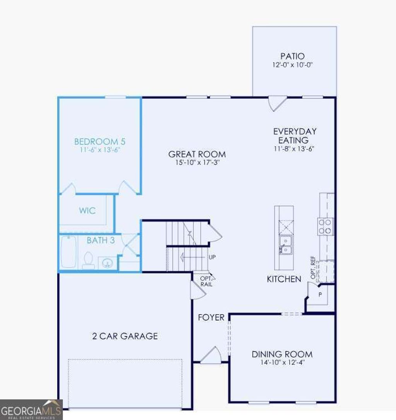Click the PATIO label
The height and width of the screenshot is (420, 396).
click(292, 57)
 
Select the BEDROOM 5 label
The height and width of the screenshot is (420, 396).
click(100, 142)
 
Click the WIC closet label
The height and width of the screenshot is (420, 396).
click(87, 211)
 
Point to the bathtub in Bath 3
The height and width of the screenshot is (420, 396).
click(69, 252)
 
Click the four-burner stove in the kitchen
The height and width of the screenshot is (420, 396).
click(325, 226)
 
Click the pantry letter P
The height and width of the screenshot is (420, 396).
click(320, 294)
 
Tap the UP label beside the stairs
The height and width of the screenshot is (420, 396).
click(212, 257)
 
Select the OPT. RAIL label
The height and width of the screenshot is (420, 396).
click(206, 281)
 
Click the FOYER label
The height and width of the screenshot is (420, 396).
click(211, 317)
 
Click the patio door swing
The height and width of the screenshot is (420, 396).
click(277, 103)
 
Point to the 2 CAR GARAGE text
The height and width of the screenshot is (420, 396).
click(125, 336)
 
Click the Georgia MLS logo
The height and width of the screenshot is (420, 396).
click(31, 410)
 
